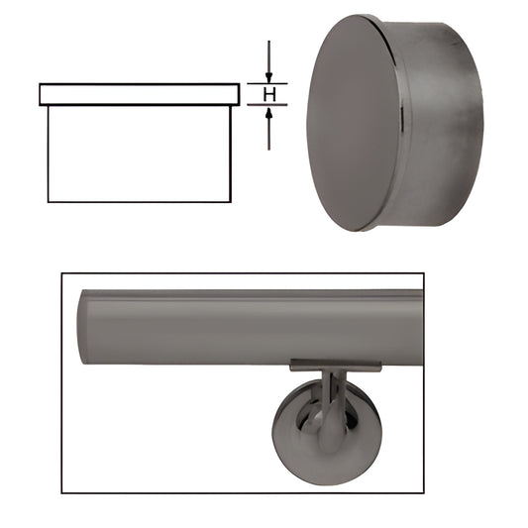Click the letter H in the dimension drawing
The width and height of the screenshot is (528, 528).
(267, 95)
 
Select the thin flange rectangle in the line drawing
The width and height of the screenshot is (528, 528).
(139, 94)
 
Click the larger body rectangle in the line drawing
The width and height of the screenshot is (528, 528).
(139, 154)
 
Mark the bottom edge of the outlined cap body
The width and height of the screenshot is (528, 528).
(139, 202)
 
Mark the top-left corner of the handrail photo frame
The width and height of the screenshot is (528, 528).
(61, 274)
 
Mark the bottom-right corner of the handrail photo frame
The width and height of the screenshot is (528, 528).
(423, 492)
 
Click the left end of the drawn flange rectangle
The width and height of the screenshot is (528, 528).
(41, 94)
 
